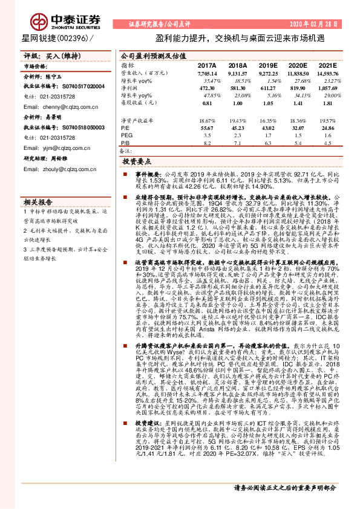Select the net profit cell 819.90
298,87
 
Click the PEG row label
126,137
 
